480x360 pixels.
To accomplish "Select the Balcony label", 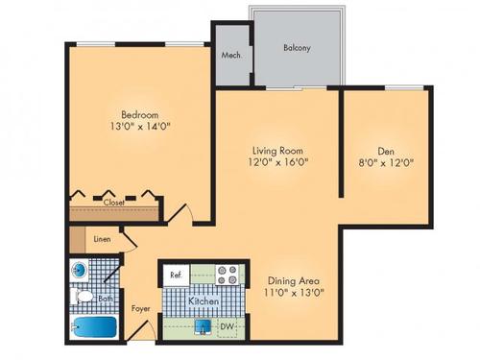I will tap(296, 47).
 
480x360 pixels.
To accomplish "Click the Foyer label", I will tap(141, 309).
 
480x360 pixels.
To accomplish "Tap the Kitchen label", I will tap(204, 301).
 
